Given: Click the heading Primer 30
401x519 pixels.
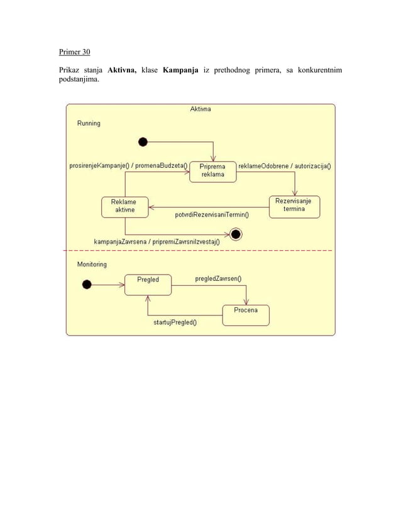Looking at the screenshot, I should click(x=74, y=52).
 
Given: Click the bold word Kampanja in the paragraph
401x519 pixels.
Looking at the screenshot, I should click(x=182, y=70).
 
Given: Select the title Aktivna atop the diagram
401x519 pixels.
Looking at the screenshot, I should click(x=200, y=109).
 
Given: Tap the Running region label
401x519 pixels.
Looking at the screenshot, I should click(x=89, y=124).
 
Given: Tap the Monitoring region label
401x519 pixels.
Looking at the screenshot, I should click(x=92, y=265).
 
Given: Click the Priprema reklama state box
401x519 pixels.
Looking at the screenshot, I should click(x=213, y=171).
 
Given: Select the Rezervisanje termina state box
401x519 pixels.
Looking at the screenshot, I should click(x=294, y=206).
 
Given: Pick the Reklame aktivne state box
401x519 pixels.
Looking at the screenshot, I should click(x=125, y=207).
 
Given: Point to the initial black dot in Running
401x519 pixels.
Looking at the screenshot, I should click(x=143, y=142).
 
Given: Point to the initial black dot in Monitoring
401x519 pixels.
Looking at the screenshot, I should click(x=87, y=285).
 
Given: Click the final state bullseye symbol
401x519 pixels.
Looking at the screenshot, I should click(x=236, y=235).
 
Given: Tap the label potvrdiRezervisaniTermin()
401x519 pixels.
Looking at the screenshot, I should click(x=212, y=215).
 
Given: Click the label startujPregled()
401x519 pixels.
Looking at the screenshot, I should click(x=175, y=323).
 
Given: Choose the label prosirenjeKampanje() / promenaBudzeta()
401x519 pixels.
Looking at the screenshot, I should click(x=128, y=166).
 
